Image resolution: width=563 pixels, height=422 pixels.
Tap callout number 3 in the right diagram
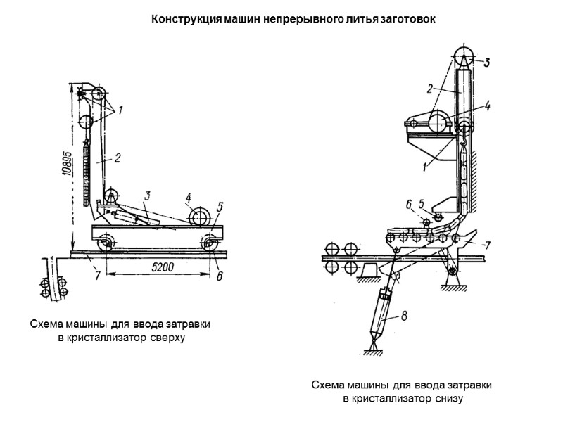[486, 63]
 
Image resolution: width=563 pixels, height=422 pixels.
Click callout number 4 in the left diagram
[189, 198]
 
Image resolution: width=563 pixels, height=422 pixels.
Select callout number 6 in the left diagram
[219, 276]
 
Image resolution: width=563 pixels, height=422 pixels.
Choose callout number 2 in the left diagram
[118, 159]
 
